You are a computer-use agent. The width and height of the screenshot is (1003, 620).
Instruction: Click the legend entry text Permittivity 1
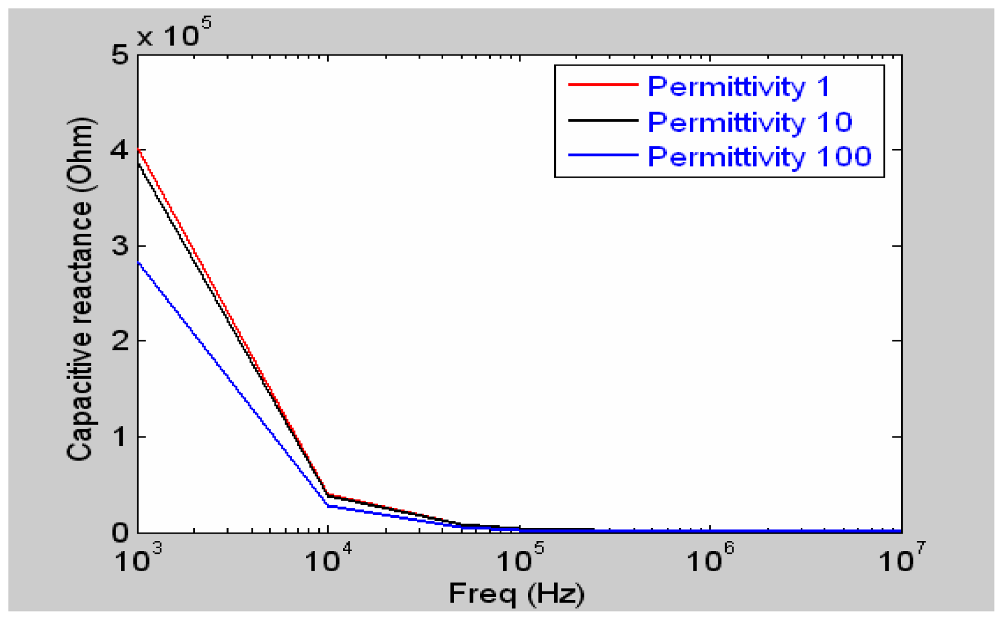[x=738, y=87]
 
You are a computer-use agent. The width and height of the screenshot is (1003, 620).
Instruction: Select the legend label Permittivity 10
[x=749, y=122]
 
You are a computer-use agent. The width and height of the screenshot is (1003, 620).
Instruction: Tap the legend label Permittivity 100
[x=759, y=157]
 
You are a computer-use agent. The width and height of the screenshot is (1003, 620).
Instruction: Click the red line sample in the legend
[x=603, y=85]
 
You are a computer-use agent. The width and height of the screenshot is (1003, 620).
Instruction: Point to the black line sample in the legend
[x=603, y=120]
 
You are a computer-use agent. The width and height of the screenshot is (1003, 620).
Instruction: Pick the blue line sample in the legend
[x=603, y=155]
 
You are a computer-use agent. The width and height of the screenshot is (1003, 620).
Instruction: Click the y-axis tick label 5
[x=120, y=55]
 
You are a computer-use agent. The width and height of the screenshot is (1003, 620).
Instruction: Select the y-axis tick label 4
[x=120, y=150]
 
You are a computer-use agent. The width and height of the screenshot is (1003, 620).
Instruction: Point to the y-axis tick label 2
[x=120, y=341]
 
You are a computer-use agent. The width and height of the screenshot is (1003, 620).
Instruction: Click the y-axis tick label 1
[x=120, y=437]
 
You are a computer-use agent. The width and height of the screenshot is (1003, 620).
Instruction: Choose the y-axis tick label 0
[x=120, y=532]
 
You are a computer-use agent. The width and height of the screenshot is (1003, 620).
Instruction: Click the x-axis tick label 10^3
[x=138, y=559]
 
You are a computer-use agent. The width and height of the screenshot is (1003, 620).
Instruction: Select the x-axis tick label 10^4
[x=329, y=559]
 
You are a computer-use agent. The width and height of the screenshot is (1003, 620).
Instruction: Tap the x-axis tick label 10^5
[x=520, y=559]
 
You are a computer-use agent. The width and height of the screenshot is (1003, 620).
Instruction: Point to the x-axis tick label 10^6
[x=711, y=559]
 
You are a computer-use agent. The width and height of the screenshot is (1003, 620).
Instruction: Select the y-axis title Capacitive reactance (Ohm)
[x=80, y=289]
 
